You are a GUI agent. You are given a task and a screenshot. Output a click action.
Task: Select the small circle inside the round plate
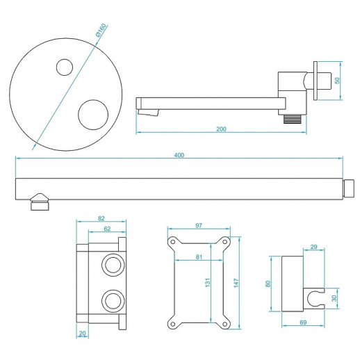[63, 67]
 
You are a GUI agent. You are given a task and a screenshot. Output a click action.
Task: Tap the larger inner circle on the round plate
[92, 113]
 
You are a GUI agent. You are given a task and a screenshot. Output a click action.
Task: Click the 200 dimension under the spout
[221, 129]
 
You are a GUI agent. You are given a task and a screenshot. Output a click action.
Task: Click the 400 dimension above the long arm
[179, 155]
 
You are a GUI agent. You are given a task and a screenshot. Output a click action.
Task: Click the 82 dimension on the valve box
[101, 218]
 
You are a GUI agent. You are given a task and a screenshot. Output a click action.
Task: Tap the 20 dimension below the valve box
[82, 334]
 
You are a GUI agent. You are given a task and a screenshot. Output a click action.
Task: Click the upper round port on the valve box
[111, 264]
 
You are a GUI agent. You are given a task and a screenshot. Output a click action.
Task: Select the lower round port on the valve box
[111, 300]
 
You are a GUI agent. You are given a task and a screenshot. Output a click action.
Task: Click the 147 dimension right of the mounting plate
[237, 284]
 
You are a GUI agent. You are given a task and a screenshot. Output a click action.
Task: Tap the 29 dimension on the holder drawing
[314, 247]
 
